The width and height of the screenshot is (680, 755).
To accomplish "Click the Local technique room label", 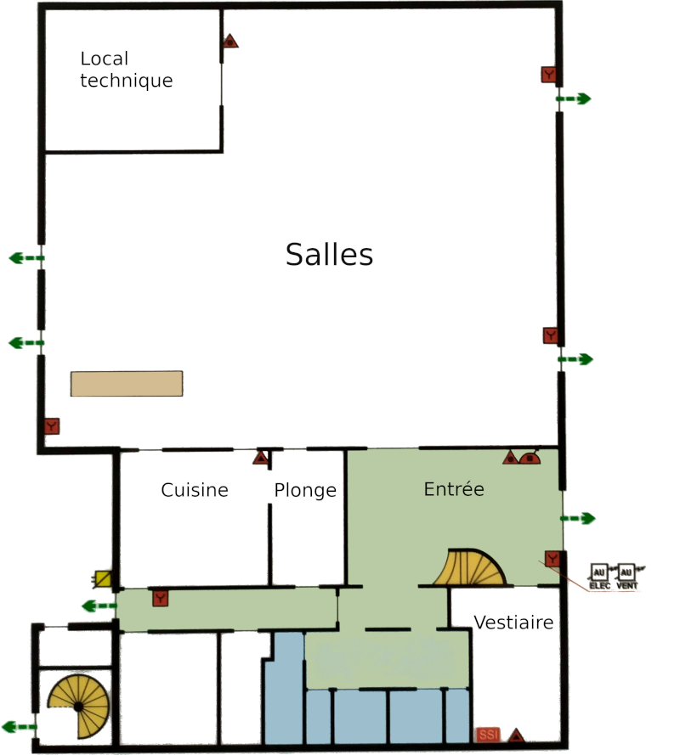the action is point(127,70).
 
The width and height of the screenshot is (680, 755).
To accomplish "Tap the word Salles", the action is point(329,254).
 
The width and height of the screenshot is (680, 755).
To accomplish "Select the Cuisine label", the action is point(195,490).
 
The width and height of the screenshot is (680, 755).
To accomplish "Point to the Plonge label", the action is point(305,491).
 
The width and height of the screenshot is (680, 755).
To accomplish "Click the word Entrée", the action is point(454,488).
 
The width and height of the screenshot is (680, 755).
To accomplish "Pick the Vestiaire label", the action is point(513,623).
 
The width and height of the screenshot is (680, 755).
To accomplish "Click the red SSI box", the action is point(488,735).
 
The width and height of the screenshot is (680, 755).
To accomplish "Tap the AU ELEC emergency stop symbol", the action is point(599,577).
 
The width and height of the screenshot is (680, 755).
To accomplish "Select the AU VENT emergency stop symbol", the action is point(626,577).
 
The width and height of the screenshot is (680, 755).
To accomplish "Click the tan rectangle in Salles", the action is point(127,384).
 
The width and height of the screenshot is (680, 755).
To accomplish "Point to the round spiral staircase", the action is point(78,707).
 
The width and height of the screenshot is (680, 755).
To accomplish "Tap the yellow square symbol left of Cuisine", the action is point(102,578).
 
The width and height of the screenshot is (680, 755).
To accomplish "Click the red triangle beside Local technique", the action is point(230,41).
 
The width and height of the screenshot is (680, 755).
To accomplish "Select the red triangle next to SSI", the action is point(516,735).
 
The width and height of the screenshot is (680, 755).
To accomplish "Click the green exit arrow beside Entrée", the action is point(578,519).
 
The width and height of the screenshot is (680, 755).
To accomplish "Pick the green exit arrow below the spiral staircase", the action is point(20,727).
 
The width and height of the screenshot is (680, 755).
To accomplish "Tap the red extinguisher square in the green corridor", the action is point(161,599).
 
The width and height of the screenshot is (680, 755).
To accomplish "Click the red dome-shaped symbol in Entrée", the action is point(530,458).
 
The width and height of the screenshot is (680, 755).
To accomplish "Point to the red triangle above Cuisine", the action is point(261,458).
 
